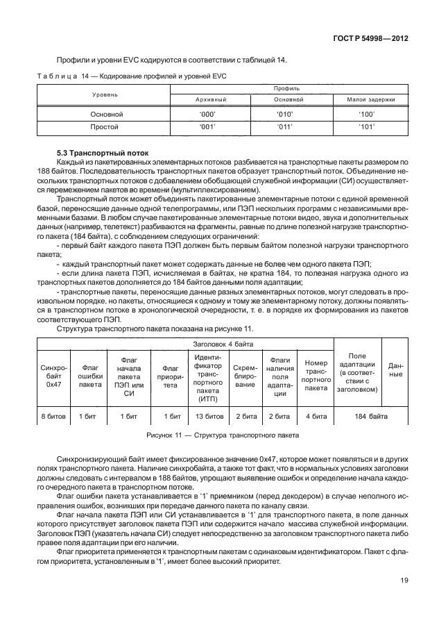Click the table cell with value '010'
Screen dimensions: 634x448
286,113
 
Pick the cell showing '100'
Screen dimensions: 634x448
366,113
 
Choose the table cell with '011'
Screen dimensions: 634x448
286,127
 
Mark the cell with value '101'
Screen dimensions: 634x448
366,127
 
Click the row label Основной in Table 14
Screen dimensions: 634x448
106,113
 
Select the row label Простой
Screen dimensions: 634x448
106,127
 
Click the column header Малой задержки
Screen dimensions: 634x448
366,100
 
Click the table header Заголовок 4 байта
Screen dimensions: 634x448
223,344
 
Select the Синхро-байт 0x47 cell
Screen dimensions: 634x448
54,375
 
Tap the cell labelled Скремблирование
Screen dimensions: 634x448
245,375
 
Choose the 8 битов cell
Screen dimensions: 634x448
54,416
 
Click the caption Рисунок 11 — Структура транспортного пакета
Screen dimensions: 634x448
223,435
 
